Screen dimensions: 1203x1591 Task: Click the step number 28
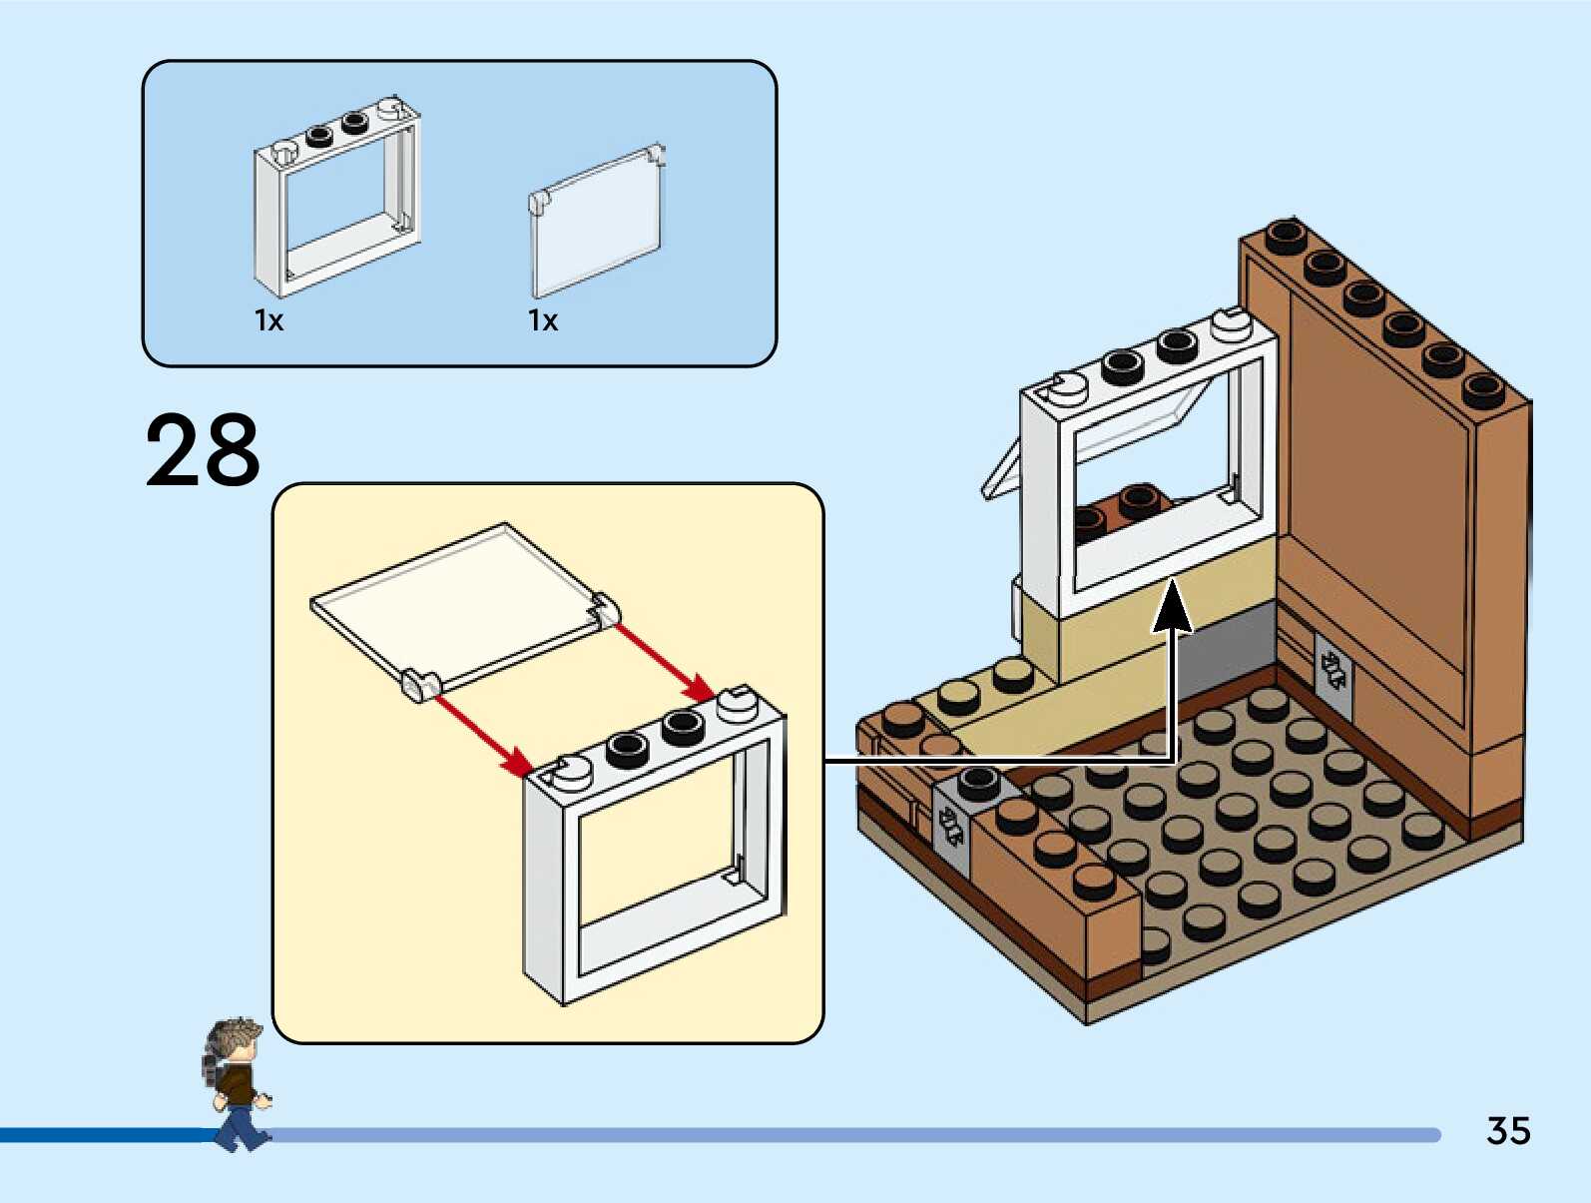click(x=203, y=451)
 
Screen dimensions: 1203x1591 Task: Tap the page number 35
click(x=1508, y=1131)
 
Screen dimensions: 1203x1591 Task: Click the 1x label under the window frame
click(x=269, y=320)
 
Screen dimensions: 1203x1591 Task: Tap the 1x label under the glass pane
click(x=543, y=320)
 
